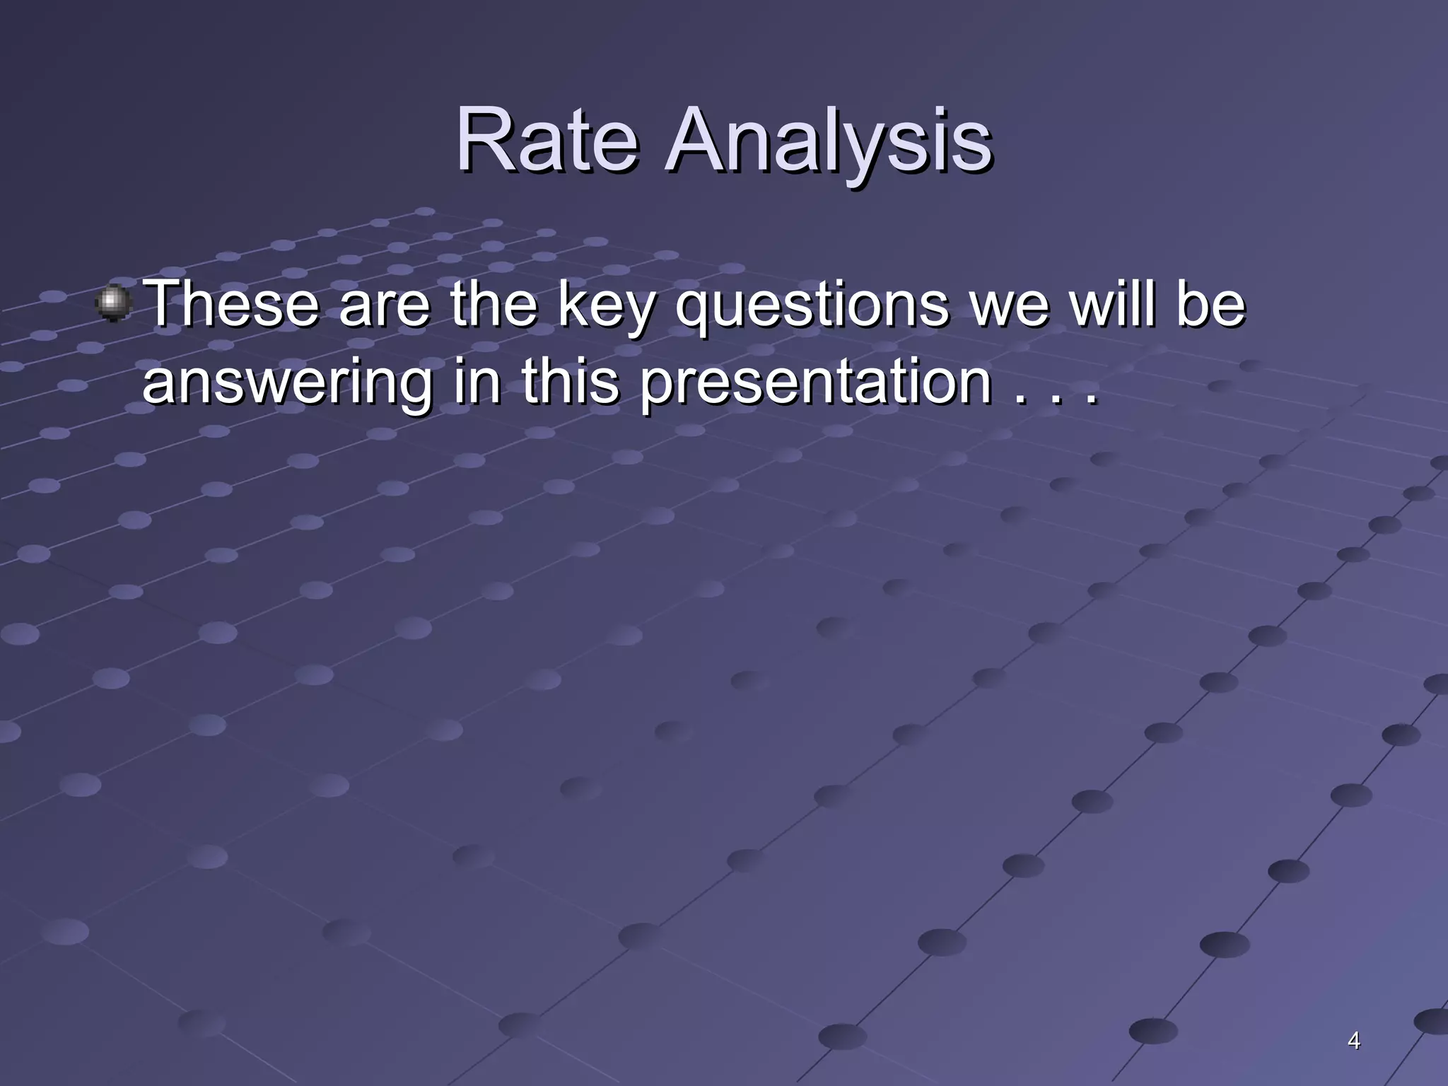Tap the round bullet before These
tap(113, 303)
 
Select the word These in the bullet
tap(232, 304)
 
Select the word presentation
tap(815, 383)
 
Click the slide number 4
tap(1353, 1041)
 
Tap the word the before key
tap(493, 304)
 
